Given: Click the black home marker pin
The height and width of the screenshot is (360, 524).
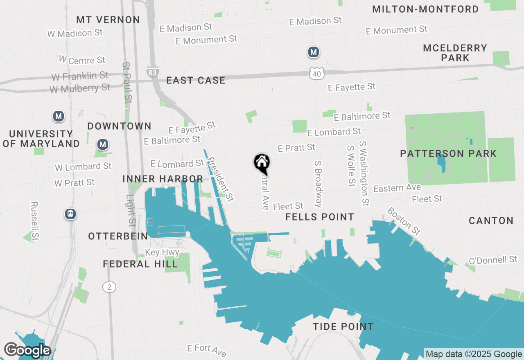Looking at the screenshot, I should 262,163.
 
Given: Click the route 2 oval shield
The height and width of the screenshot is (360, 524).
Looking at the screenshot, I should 109,287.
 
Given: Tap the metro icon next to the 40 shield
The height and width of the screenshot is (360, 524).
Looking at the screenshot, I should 314,52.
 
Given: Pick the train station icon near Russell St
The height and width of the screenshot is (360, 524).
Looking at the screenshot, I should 70,214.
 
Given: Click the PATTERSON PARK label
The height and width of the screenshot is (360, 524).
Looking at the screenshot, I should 448,154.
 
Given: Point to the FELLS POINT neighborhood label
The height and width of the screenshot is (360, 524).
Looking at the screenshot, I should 320,217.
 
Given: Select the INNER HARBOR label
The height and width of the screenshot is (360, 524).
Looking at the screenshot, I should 163,179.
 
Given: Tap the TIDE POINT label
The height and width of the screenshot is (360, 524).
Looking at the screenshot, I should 343,326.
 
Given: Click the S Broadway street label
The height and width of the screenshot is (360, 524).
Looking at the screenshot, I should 319,184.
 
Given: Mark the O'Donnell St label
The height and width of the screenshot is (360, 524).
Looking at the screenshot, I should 493,260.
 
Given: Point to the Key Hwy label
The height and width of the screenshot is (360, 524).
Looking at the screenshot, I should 163,252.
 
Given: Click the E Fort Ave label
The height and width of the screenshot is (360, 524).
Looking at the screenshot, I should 207,349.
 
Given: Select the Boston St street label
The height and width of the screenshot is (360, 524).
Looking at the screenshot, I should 404,220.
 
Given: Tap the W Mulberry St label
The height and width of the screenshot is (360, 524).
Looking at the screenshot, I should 80,88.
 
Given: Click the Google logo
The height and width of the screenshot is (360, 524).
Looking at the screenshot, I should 27,351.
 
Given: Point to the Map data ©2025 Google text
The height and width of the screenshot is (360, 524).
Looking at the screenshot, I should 474,354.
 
